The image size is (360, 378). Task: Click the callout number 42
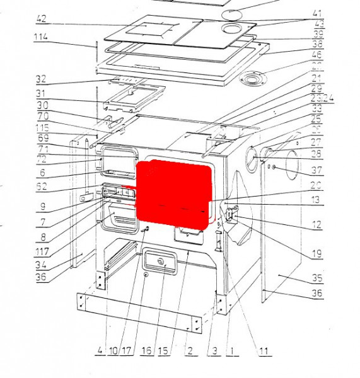(x=41, y=18)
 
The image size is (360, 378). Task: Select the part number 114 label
(x=41, y=37)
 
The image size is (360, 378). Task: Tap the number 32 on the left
(x=42, y=79)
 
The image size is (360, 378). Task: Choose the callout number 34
(x=42, y=265)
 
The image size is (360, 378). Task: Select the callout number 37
(x=316, y=170)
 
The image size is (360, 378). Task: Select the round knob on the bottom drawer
(x=160, y=262)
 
